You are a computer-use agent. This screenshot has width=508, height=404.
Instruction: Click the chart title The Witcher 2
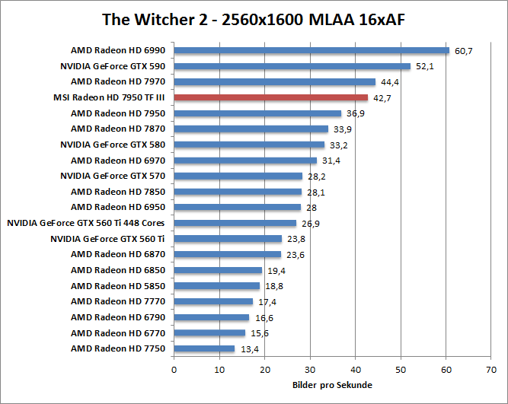pos(253,18)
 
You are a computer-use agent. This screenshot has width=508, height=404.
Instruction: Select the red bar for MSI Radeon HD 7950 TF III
pos(270,97)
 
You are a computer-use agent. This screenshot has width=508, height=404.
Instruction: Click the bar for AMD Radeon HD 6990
pos(312,50)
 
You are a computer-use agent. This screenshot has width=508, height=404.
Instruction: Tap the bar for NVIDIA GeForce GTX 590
pos(292,66)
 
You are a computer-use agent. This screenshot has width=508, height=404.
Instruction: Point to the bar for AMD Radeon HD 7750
pos(204,348)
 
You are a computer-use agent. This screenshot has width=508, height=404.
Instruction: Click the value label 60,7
pos(464,51)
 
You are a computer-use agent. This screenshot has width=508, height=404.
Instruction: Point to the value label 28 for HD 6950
pos(312,208)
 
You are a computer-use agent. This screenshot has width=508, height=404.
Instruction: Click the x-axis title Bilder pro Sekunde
pos(332,385)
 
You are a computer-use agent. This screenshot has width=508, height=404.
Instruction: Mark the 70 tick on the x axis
pos(490,369)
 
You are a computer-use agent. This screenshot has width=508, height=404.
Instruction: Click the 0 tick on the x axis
pos(174,369)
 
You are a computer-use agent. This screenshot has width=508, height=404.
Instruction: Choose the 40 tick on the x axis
pos(355,369)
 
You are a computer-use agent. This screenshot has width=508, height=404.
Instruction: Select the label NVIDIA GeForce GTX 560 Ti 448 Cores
pos(85,223)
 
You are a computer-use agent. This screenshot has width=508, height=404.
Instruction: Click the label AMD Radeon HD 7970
pos(117,81)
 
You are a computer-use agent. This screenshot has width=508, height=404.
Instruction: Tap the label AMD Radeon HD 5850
pos(117,286)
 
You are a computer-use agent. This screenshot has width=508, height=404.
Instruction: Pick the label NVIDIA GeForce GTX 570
pos(112,176)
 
